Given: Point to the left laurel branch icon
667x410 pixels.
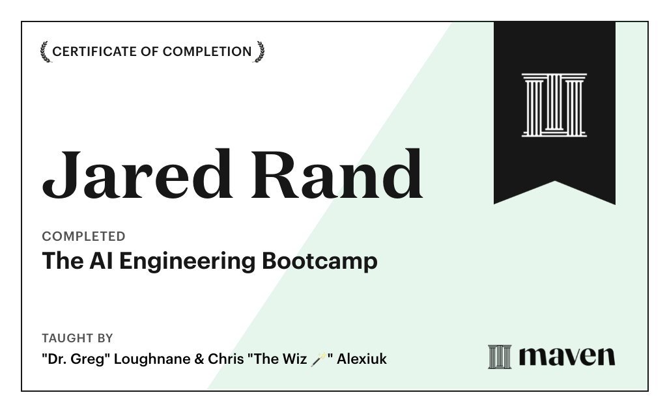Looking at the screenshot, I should tap(45, 51).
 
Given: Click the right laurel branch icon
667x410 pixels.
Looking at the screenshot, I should tap(259, 51).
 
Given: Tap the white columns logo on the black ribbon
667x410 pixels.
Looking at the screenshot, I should tap(554, 105).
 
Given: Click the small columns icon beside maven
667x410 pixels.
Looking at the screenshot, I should tap(500, 357).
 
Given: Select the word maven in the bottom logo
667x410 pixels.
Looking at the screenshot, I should tap(567, 357).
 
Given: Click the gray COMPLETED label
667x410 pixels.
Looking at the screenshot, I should tap(83, 236).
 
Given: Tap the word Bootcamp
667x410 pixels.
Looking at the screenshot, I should tap(319, 261).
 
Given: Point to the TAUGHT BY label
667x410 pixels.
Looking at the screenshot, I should tap(77, 338).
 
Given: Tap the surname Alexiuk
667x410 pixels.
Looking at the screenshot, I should tap(362, 359).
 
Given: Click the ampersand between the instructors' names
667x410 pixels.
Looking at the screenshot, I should tap(199, 359).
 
